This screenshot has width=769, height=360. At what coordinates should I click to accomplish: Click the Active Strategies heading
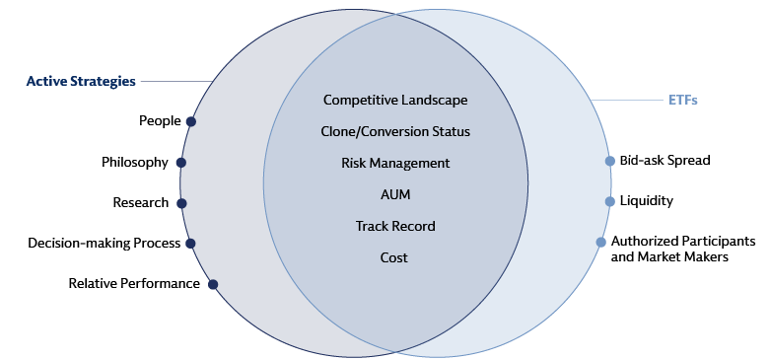tap(81, 82)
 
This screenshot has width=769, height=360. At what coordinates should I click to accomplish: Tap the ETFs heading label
tap(682, 101)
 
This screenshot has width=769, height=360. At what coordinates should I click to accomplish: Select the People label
tap(160, 121)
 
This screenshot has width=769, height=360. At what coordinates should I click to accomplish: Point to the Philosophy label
tap(135, 163)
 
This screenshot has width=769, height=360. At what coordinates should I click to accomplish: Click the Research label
tap(141, 203)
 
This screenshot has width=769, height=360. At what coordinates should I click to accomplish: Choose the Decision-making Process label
tap(104, 243)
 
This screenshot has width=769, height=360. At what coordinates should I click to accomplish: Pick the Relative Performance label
tap(134, 284)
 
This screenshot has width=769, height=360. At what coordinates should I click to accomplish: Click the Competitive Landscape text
tap(394, 101)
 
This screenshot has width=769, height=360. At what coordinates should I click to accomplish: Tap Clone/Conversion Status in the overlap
tap(394, 131)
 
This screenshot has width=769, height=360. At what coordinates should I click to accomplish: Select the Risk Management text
tap(394, 163)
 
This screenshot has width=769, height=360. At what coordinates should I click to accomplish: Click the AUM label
tap(394, 194)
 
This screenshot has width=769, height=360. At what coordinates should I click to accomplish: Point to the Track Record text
tap(394, 226)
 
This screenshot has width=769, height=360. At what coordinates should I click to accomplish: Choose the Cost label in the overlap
tap(394, 257)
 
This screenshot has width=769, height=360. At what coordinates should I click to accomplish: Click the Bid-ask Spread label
tap(664, 160)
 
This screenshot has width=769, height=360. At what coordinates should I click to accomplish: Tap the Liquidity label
tap(646, 201)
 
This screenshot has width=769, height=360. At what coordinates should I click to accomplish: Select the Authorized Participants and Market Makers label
tap(682, 249)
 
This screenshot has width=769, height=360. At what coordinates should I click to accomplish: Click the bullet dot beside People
tap(190, 122)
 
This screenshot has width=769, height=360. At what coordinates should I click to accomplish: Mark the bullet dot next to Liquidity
tap(611, 201)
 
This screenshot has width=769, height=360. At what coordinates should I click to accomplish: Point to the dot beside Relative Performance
tap(212, 284)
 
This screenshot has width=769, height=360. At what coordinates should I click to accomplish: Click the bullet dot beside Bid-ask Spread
tap(611, 161)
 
